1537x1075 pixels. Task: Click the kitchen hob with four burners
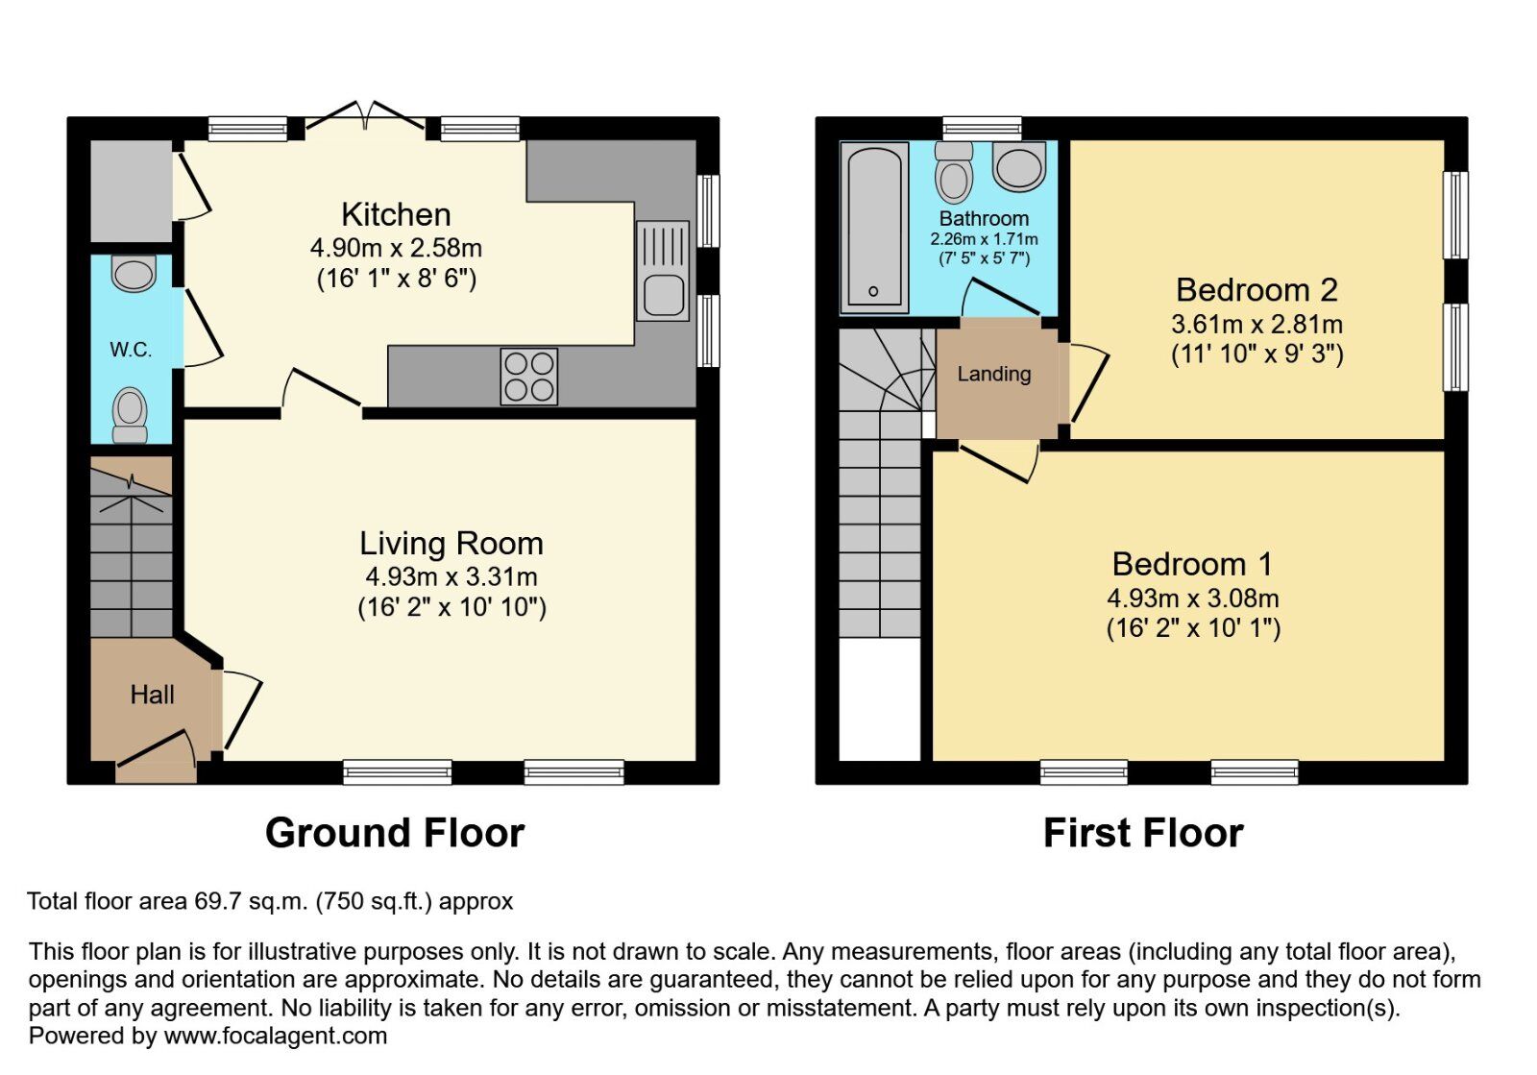(528, 377)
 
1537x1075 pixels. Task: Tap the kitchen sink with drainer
(662, 271)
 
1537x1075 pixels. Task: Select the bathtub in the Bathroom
(874, 228)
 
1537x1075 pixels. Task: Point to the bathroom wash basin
(1019, 167)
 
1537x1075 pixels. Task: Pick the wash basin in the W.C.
(134, 273)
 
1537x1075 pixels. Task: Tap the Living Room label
(451, 544)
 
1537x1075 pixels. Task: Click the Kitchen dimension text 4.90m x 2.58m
(396, 248)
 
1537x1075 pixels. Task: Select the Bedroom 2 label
(1256, 290)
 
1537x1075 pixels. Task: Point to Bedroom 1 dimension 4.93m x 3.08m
(1192, 599)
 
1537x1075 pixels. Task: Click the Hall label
(152, 695)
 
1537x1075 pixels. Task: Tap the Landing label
(993, 374)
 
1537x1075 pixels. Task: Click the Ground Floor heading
(395, 833)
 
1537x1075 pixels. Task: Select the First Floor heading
(1143, 833)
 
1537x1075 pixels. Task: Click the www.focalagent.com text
(276, 1037)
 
